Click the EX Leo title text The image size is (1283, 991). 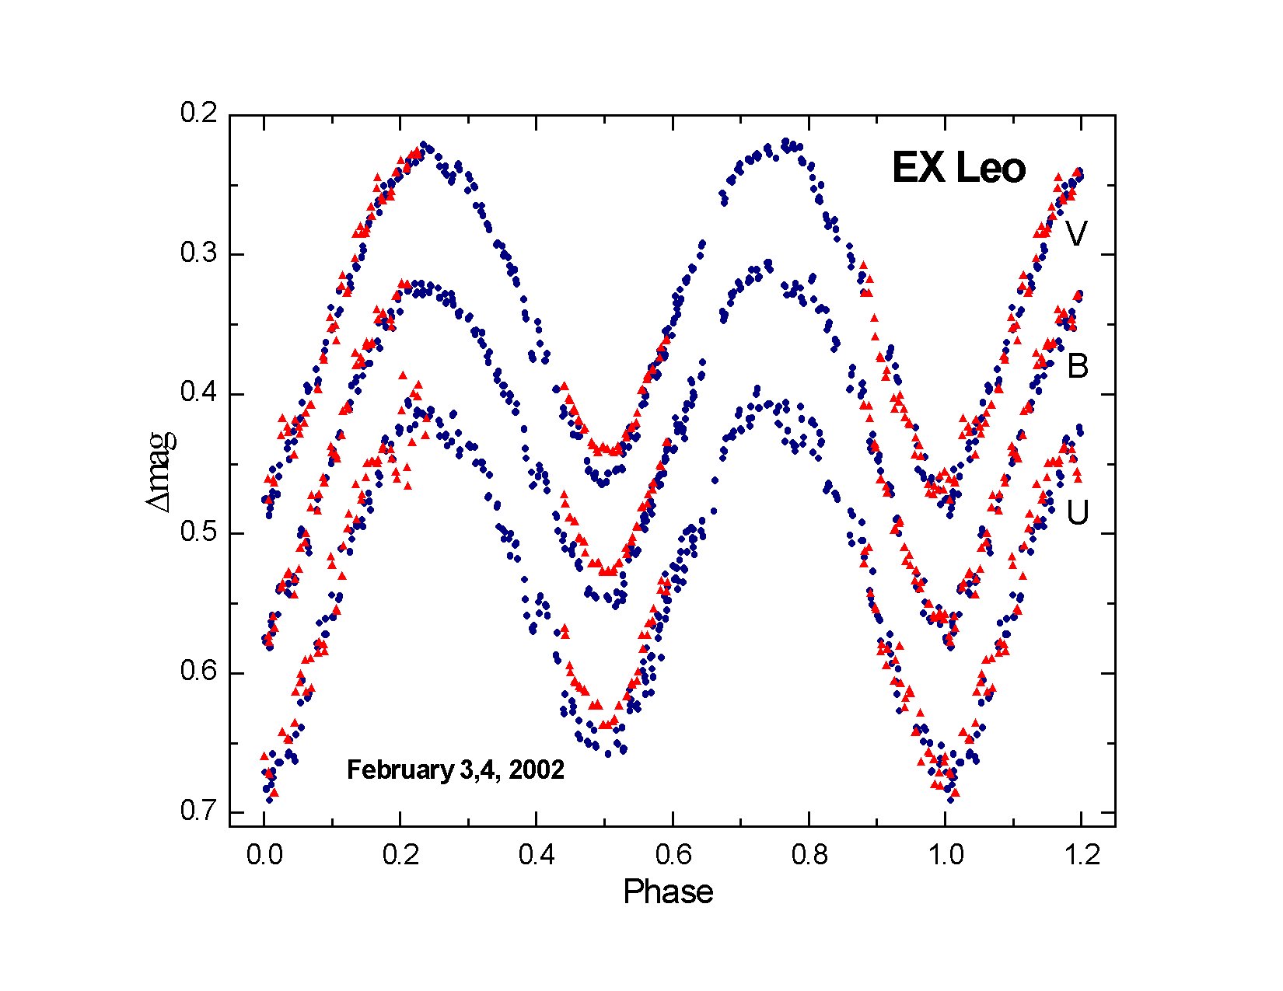(x=959, y=169)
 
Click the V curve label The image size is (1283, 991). (x=1075, y=233)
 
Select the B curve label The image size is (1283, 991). (x=1077, y=366)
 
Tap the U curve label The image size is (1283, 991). (x=1077, y=512)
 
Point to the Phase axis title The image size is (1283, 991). (x=668, y=892)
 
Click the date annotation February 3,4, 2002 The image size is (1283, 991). (x=455, y=770)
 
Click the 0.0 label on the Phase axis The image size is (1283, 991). (x=264, y=855)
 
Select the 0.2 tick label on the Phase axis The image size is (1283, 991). (x=400, y=855)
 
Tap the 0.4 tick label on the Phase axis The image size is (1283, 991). (x=537, y=855)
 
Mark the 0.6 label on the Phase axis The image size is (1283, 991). (x=673, y=855)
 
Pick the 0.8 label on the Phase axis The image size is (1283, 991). (x=809, y=855)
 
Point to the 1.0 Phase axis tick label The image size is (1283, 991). (x=945, y=855)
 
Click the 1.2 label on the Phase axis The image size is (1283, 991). (x=1081, y=855)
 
